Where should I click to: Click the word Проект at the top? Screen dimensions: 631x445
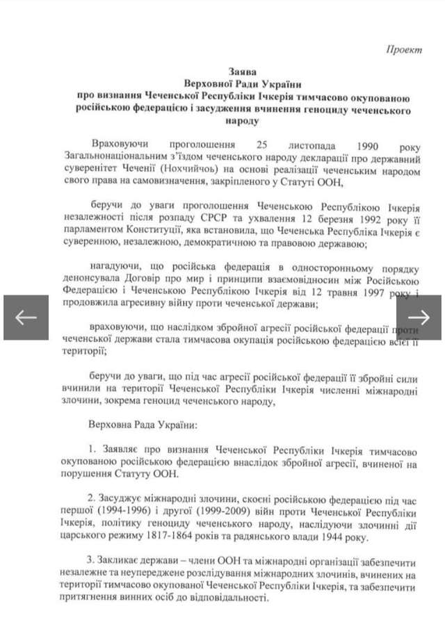coord(405,50)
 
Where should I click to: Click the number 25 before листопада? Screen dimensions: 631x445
coord(262,147)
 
